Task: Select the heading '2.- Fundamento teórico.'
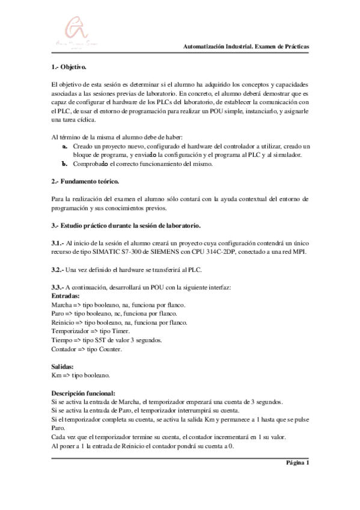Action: click(x=86, y=181)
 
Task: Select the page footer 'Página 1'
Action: click(x=297, y=462)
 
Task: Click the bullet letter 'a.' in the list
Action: click(x=65, y=146)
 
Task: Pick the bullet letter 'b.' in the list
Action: click(x=65, y=164)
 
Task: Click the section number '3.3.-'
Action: click(x=60, y=287)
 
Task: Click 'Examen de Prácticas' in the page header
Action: click(x=282, y=47)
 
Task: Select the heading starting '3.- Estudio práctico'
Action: click(x=126, y=225)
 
